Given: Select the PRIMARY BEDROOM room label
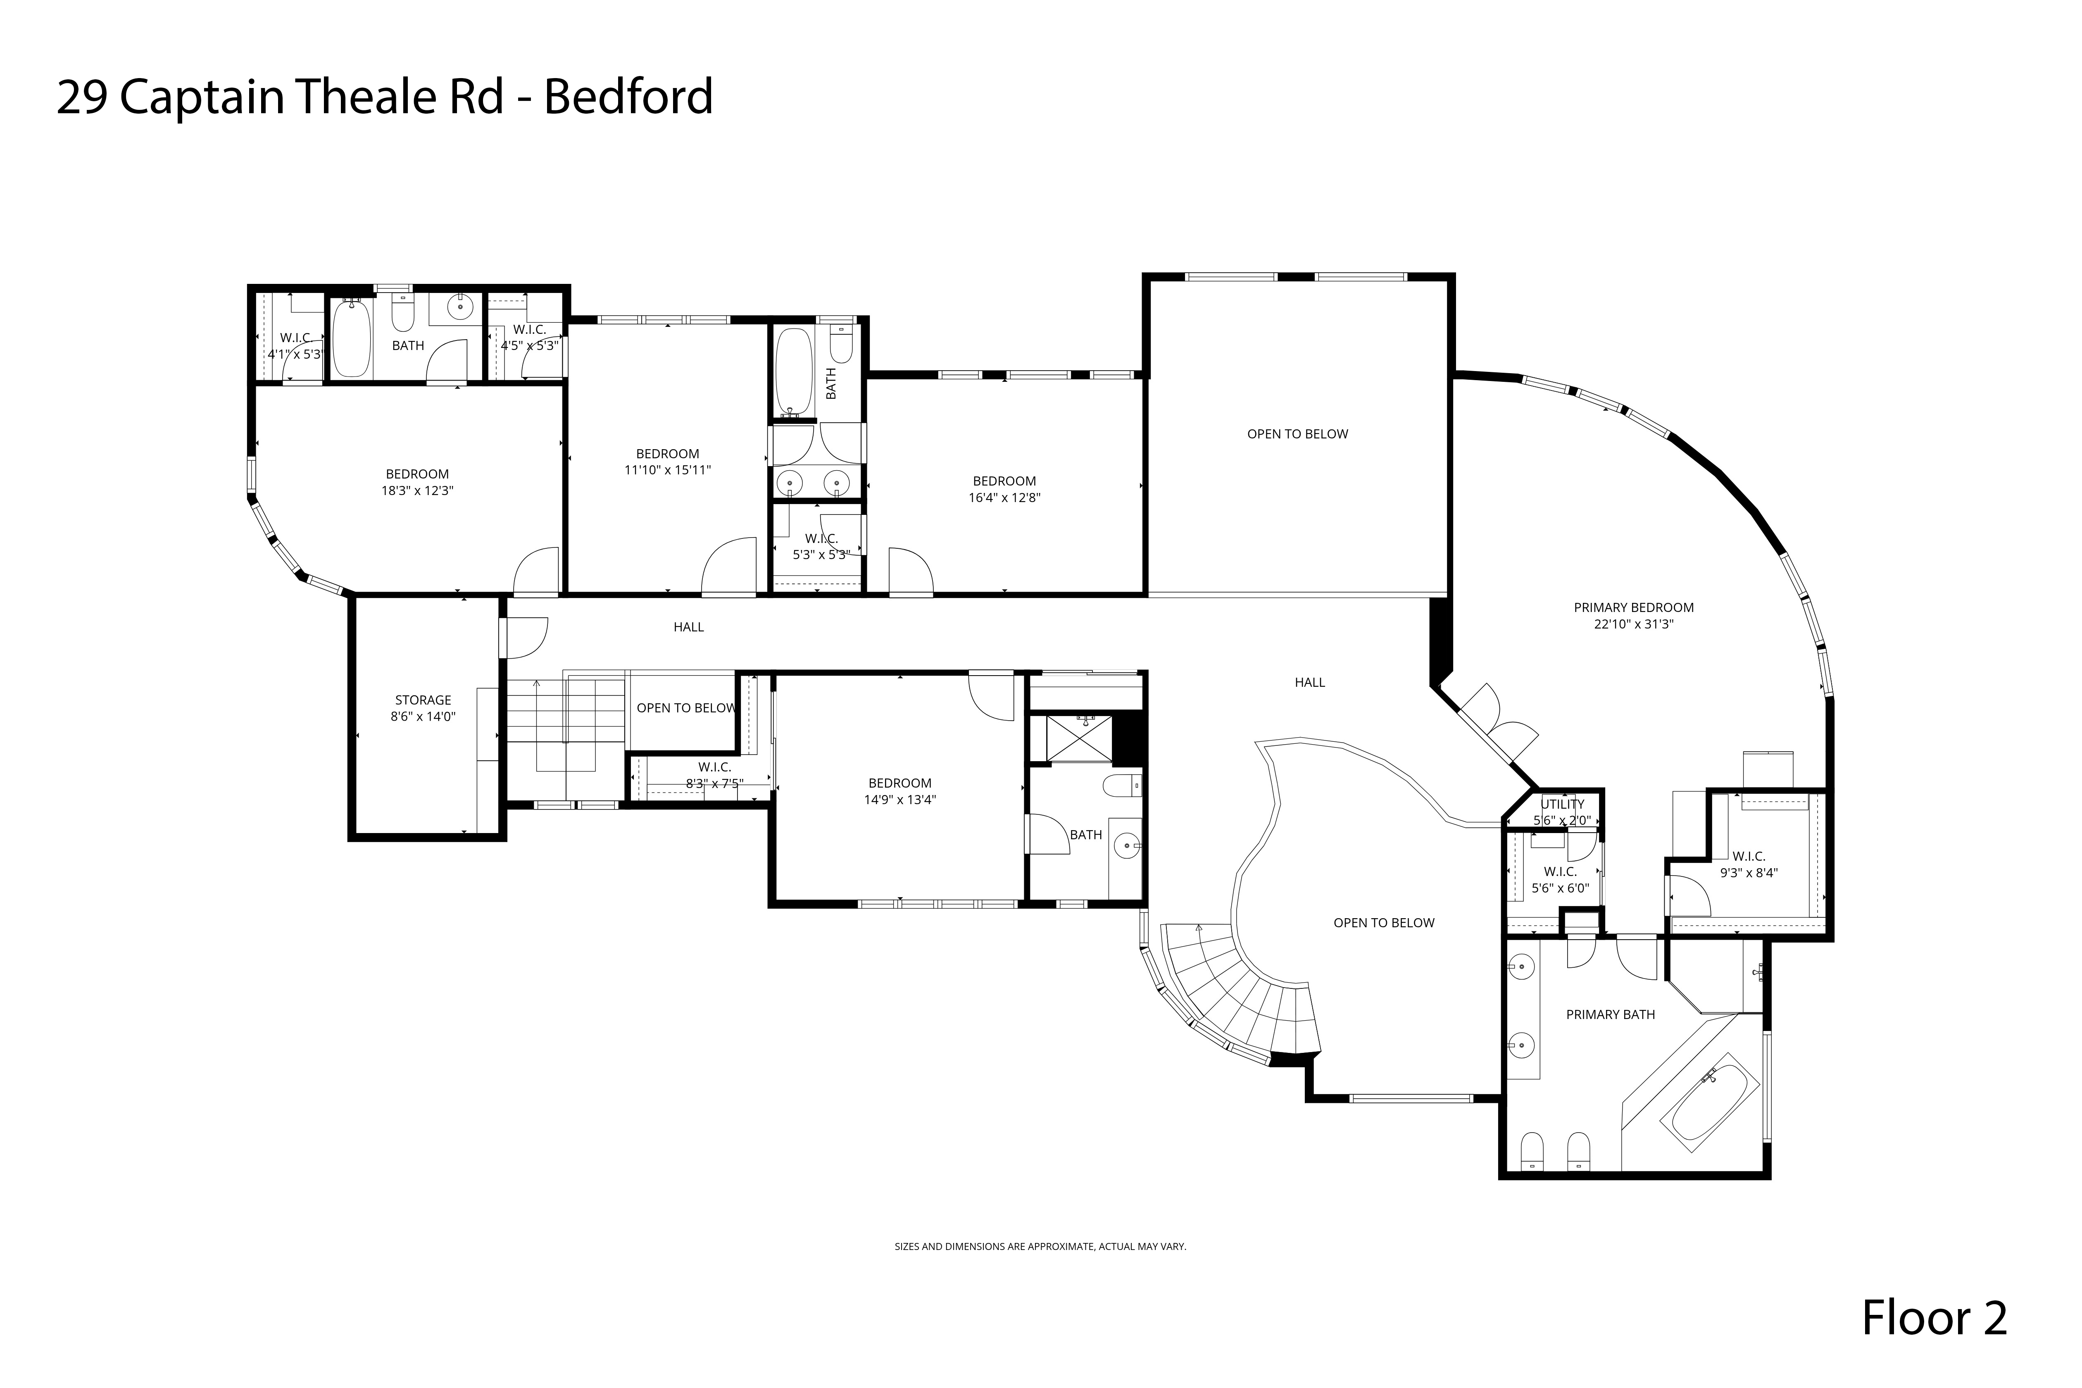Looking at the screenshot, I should click(x=1633, y=607).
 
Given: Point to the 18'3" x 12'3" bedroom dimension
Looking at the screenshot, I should click(x=417, y=490).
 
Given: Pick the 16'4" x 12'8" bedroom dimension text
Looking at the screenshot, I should click(x=1004, y=498).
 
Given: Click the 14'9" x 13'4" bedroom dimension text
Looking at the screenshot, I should click(x=899, y=799).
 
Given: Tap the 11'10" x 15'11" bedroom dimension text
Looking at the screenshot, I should click(x=667, y=470).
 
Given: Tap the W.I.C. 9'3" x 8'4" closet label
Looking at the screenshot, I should click(x=1748, y=864).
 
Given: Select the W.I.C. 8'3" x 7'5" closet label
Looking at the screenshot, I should click(x=714, y=774).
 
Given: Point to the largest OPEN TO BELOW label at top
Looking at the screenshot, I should click(x=1297, y=434).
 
